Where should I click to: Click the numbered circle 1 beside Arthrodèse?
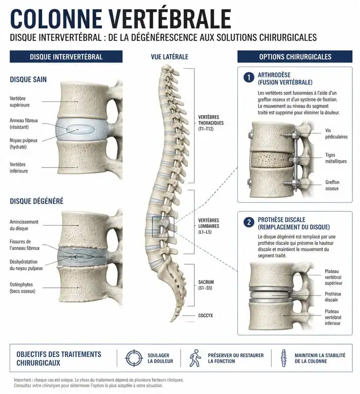(x=249, y=77)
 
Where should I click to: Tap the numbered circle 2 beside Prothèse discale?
(x=249, y=222)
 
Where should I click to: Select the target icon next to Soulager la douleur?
(x=134, y=358)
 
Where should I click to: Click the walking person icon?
(x=196, y=358)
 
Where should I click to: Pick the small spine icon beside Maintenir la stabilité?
(x=284, y=358)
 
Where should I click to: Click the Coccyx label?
(x=205, y=316)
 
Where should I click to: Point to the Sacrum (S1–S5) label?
(x=206, y=285)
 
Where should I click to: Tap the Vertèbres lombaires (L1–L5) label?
(x=209, y=226)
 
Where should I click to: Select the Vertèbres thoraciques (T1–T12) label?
(x=211, y=123)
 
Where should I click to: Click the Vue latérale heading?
(x=169, y=57)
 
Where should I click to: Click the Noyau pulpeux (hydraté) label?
(x=24, y=144)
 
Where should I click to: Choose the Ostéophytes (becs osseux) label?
(x=23, y=288)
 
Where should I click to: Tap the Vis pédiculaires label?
(x=336, y=134)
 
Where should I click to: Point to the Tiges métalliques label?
(x=336, y=158)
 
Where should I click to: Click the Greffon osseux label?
(x=332, y=185)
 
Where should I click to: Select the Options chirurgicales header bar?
(x=295, y=56)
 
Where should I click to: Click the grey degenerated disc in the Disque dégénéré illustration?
(x=82, y=257)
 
